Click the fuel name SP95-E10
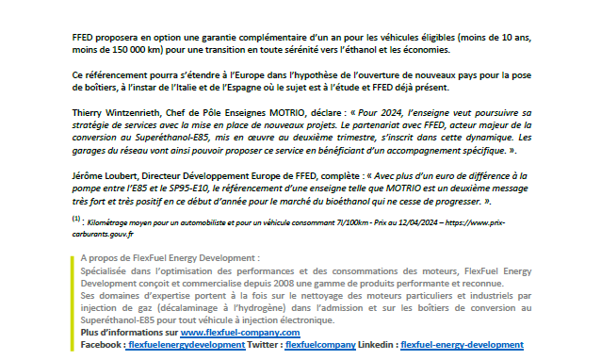[187, 188]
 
